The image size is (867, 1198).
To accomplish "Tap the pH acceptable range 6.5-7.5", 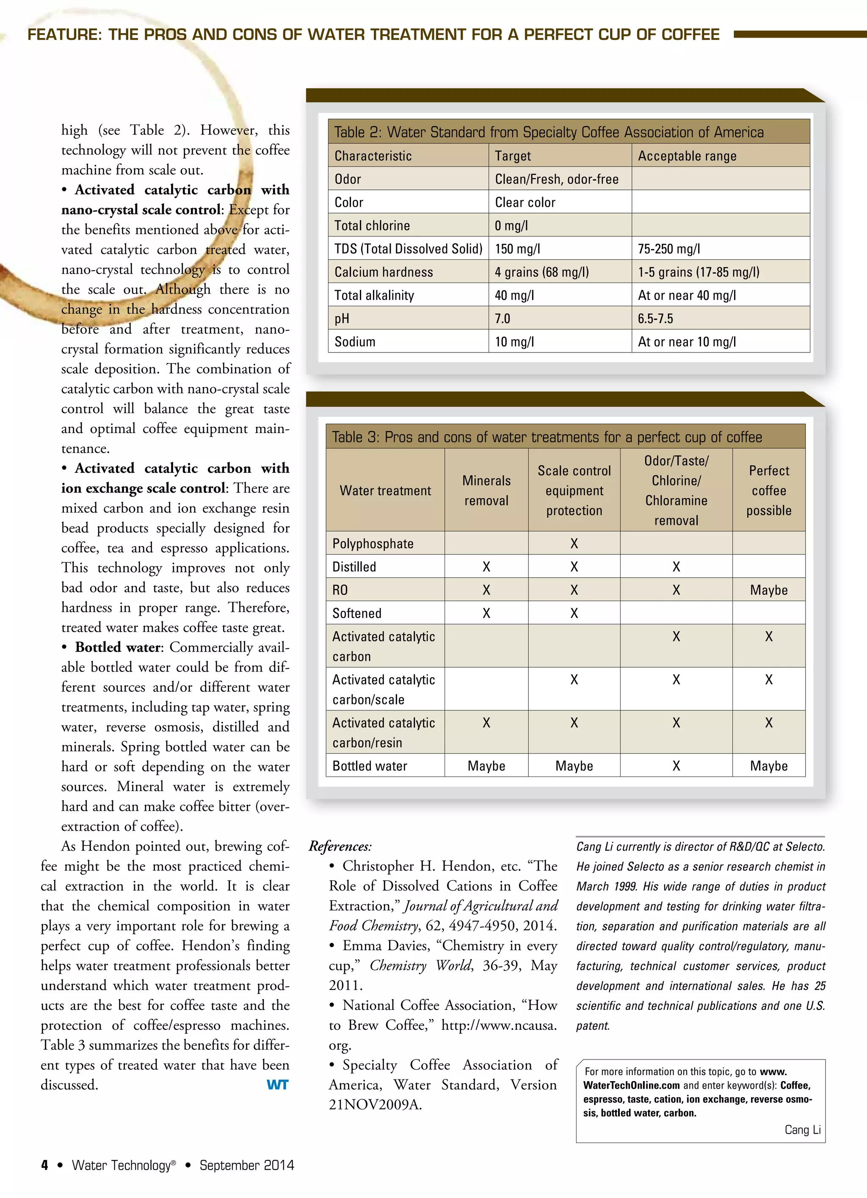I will [655, 319].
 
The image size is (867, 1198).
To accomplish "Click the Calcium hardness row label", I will [384, 272].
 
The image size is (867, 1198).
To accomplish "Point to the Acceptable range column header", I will [687, 156].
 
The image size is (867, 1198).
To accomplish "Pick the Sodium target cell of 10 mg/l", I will [514, 342].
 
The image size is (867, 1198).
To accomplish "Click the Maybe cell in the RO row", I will [768, 590].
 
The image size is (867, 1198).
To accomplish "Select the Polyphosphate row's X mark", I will [574, 544].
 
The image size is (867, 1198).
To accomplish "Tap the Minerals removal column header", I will [486, 490].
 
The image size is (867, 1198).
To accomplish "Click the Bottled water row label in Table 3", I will [370, 766].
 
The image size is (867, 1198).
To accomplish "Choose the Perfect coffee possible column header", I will [768, 490].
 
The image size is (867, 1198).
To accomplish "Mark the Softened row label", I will [356, 613].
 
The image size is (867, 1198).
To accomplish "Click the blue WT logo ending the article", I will [277, 1085].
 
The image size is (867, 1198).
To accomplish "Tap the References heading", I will [340, 846].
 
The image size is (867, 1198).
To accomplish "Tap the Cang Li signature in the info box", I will [802, 1130].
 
